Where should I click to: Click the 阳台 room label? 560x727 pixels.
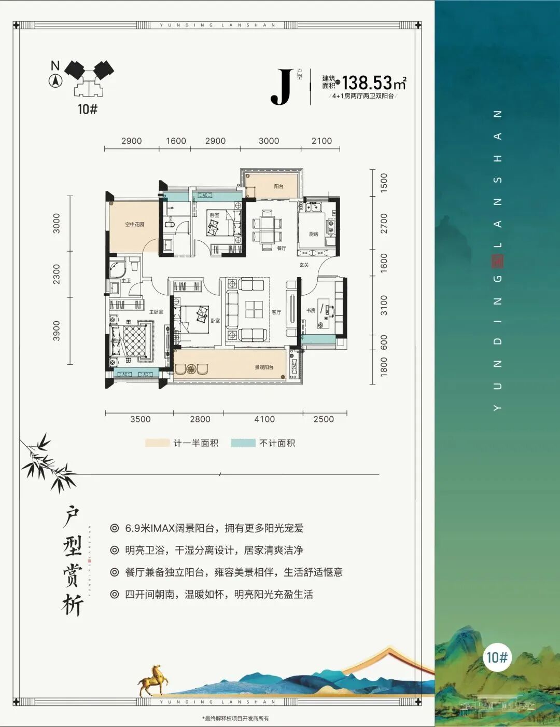(x=278, y=186)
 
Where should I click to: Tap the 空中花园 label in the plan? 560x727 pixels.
(x=134, y=225)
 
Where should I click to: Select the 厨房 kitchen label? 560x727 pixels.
(x=314, y=234)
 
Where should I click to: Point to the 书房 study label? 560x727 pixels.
(x=311, y=310)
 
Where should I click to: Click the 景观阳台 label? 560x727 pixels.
(x=264, y=367)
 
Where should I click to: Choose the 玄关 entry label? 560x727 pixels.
(x=304, y=265)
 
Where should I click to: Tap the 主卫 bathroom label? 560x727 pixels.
(x=126, y=281)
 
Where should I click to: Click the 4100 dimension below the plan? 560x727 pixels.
(x=264, y=419)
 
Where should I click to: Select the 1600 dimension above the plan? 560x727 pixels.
(x=176, y=141)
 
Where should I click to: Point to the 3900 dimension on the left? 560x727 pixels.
(x=57, y=331)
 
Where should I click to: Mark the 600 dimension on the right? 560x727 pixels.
(x=384, y=341)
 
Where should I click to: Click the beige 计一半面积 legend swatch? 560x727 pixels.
(x=158, y=443)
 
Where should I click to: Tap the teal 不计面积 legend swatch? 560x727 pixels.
(x=243, y=443)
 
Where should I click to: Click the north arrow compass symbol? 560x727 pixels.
(x=55, y=80)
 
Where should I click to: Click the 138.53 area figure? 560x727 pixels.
(x=367, y=83)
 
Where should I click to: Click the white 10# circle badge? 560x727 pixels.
(x=497, y=657)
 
